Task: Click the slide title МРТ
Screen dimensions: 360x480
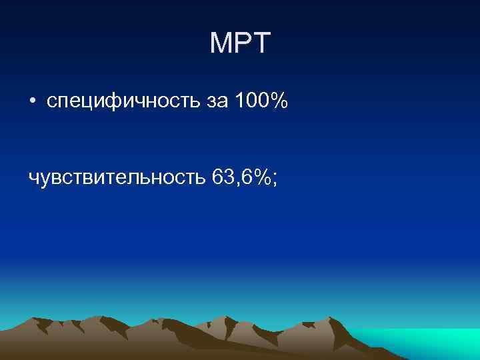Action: (240, 44)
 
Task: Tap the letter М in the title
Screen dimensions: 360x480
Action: (221, 44)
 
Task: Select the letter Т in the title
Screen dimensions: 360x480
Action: (261, 44)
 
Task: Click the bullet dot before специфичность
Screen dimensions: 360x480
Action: (32, 102)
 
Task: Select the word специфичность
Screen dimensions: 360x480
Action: (121, 102)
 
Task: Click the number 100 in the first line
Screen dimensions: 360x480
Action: (252, 101)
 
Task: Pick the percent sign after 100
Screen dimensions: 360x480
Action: (279, 101)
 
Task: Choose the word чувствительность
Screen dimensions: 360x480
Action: (117, 177)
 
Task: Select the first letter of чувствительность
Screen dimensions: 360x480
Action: (34, 179)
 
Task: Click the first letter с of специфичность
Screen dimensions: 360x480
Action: (51, 104)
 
